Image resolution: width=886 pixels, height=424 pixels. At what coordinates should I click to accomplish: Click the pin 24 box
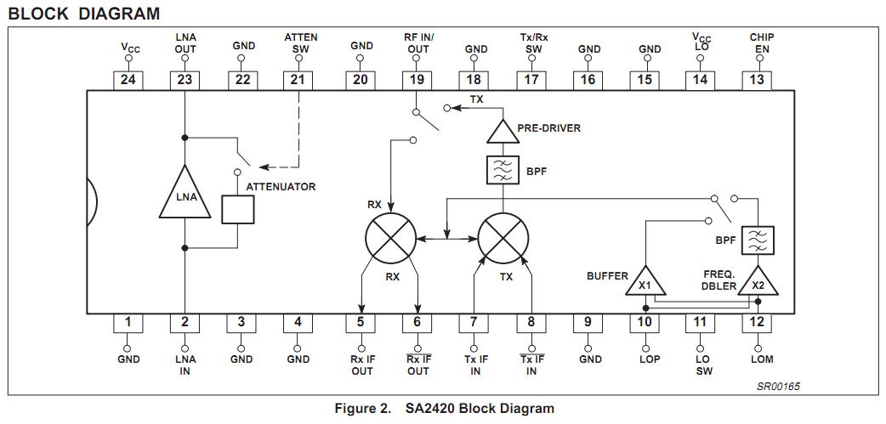click(128, 80)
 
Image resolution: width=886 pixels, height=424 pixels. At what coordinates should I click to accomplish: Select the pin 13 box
click(756, 80)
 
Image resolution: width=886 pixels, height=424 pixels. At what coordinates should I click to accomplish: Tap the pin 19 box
click(417, 80)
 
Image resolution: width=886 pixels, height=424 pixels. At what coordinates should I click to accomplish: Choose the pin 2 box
click(185, 323)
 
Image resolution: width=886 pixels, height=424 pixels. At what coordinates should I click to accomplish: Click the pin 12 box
click(756, 323)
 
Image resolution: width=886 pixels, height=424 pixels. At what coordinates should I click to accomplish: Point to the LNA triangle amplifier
click(185, 195)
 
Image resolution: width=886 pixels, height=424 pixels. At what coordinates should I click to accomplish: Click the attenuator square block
click(237, 209)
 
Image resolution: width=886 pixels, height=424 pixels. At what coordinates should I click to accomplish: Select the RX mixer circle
click(390, 239)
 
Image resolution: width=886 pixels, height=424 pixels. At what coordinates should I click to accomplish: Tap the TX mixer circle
click(503, 239)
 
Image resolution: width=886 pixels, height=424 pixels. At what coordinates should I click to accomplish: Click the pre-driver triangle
click(502, 130)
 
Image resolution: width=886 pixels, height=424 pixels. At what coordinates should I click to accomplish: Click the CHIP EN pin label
click(761, 43)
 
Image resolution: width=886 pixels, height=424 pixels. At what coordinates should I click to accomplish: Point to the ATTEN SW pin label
click(300, 43)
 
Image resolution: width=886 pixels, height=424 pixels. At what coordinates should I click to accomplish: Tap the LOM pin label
click(761, 359)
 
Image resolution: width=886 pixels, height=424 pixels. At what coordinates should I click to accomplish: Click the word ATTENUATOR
click(281, 187)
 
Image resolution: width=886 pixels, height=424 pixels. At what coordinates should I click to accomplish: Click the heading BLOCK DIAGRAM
click(83, 14)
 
